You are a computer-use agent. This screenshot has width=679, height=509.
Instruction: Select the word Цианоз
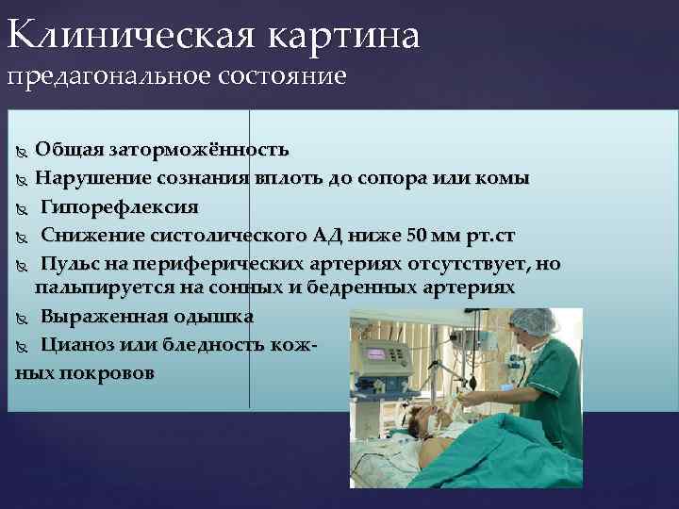click(75, 344)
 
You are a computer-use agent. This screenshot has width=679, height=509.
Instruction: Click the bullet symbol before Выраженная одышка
click(23, 317)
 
